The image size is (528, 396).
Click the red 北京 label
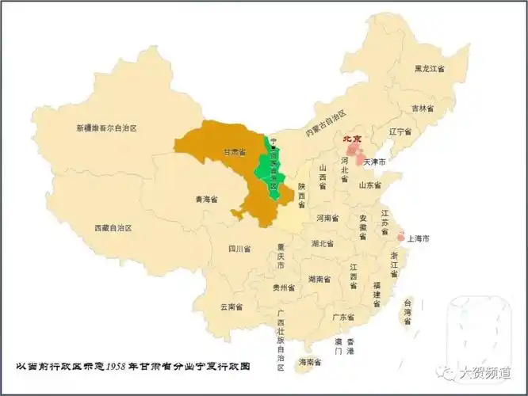coord(351,139)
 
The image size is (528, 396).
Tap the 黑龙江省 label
coord(429,69)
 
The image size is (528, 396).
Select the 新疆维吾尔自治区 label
coord(107,128)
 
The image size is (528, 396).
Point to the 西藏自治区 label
coord(113,227)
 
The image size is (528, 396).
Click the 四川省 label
coord(239,249)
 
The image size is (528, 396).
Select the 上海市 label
coord(418,238)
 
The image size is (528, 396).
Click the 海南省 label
coord(310,362)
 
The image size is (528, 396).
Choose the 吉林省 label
coord(423,108)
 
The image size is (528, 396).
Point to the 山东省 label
coord(372,185)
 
